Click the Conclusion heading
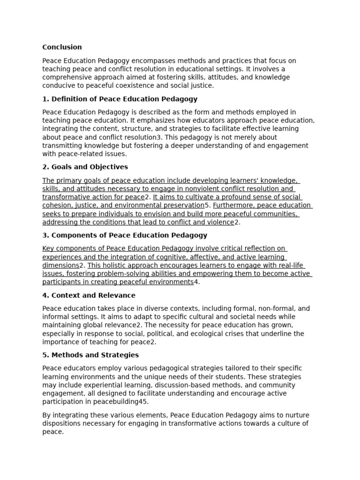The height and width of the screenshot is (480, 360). coord(62,47)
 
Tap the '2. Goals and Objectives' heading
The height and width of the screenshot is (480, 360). coord(85,167)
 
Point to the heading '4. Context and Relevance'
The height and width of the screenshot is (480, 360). coord(89,295)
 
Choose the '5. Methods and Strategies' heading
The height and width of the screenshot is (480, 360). coord(90,355)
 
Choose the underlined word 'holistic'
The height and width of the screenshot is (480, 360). coord(117,265)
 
